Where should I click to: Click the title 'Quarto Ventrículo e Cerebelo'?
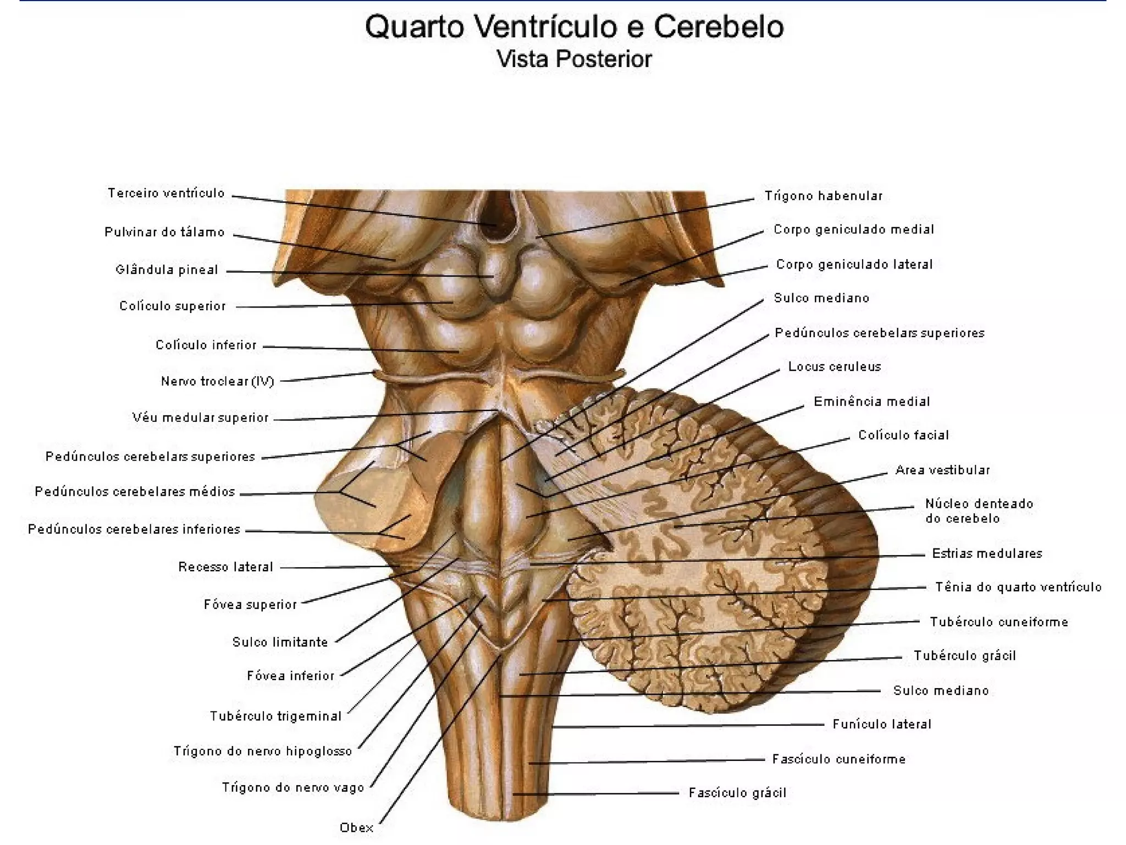pyautogui.click(x=574, y=26)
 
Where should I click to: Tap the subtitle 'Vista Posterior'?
pyautogui.click(x=574, y=59)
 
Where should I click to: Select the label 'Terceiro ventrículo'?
pyautogui.click(x=166, y=193)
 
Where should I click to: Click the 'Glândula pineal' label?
pyautogui.click(x=167, y=270)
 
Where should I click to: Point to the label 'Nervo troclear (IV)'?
pyautogui.click(x=217, y=381)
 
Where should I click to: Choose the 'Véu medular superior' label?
pyautogui.click(x=200, y=418)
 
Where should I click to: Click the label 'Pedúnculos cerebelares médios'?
pyautogui.click(x=135, y=491)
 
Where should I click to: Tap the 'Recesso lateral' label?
pyautogui.click(x=225, y=567)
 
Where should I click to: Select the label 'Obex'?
pyautogui.click(x=356, y=827)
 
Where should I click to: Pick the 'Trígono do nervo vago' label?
pyautogui.click(x=293, y=787)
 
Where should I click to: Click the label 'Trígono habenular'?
pyautogui.click(x=823, y=196)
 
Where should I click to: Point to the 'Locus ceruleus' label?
pyautogui.click(x=834, y=366)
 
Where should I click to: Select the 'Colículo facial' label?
pyautogui.click(x=903, y=435)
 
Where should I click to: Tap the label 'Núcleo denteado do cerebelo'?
pyautogui.click(x=979, y=511)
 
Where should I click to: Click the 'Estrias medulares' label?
pyautogui.click(x=987, y=553)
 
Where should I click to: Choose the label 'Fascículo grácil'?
pyautogui.click(x=737, y=793)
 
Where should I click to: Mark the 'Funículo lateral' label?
pyautogui.click(x=882, y=724)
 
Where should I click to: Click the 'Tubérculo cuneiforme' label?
pyautogui.click(x=999, y=622)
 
